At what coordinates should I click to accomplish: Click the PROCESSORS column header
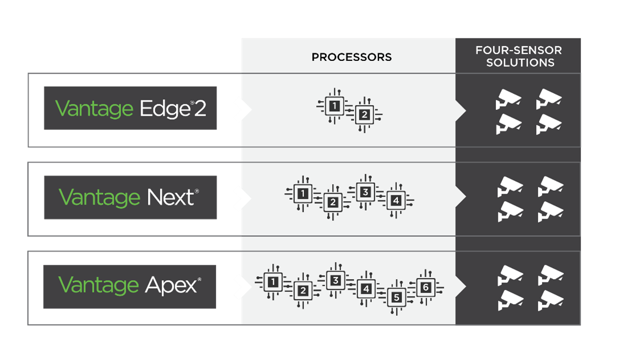(x=351, y=57)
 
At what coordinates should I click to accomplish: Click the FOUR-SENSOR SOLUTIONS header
(x=518, y=56)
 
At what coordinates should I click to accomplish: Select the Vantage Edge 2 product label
(x=130, y=108)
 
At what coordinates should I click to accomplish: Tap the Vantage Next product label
(x=130, y=198)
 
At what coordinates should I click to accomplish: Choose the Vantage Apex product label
(x=130, y=285)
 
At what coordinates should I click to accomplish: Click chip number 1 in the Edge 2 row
(x=335, y=106)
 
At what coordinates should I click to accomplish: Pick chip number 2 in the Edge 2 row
(x=363, y=116)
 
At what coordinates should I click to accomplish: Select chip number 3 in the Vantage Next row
(x=365, y=192)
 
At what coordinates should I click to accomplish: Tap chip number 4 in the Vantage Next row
(x=395, y=201)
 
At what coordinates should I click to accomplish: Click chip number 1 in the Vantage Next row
(x=303, y=194)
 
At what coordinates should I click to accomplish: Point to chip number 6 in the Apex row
(x=425, y=287)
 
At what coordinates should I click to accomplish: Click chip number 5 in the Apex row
(x=397, y=297)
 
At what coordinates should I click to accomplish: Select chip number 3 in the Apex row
(x=336, y=280)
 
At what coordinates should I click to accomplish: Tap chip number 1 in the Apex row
(x=274, y=281)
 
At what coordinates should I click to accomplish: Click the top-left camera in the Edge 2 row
(x=507, y=99)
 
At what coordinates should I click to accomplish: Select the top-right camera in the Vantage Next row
(x=550, y=186)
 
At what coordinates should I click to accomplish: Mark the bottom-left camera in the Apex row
(x=509, y=300)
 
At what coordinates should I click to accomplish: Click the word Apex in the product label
(x=171, y=285)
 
